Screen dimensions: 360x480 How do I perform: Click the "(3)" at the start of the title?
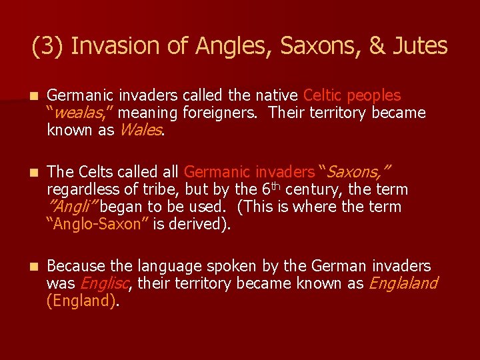coord(48,46)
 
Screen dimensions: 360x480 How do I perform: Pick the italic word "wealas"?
coord(77,113)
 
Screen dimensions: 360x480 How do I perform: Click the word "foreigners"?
coord(217,113)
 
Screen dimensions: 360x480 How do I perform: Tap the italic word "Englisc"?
coord(103,284)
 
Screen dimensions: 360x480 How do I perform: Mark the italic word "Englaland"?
coord(403,284)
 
